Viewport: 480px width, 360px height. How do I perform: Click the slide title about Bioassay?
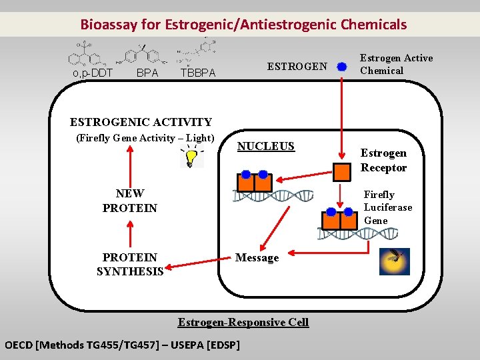[x=243, y=25]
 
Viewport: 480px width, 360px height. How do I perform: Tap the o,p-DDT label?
[x=92, y=73]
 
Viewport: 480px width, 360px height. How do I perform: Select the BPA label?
[x=147, y=73]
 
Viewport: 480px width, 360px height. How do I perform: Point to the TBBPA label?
[x=198, y=73]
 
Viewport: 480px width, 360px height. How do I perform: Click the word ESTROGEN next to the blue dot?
[x=297, y=66]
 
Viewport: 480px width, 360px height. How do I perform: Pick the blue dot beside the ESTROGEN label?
[x=342, y=67]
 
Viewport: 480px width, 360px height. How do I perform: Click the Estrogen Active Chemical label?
[x=396, y=64]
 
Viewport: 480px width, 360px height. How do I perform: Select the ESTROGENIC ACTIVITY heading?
[x=141, y=122]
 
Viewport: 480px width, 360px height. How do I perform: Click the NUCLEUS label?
[x=266, y=146]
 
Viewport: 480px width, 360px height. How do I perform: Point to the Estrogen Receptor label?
[x=383, y=160]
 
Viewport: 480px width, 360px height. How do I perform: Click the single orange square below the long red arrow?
[x=342, y=171]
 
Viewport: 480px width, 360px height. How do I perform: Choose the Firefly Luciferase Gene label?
[x=387, y=207]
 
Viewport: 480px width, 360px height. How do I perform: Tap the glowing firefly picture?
[x=394, y=261]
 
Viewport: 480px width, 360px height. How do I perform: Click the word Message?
[x=257, y=258]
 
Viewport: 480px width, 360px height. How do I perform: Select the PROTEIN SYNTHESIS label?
[x=130, y=264]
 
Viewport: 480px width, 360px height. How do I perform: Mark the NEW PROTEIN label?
[x=130, y=201]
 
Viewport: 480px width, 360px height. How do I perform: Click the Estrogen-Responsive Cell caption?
[x=243, y=322]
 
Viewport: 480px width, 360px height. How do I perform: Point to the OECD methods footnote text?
[x=122, y=345]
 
